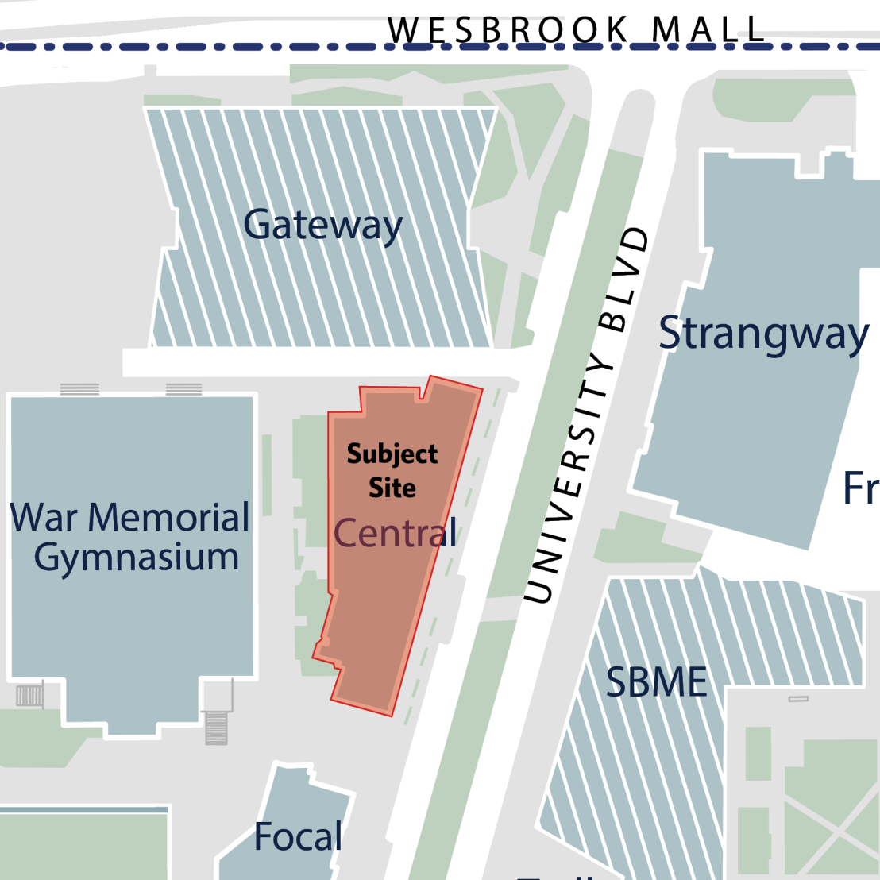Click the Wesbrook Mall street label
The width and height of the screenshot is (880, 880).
[577, 30]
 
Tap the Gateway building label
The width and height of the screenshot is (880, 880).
[322, 226]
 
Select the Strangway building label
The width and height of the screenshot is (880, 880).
[763, 334]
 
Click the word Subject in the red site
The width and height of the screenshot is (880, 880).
[392, 454]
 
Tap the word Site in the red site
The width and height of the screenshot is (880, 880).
[392, 487]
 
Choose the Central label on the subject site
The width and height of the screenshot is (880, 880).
[396, 532]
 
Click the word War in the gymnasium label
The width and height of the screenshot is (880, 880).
[44, 518]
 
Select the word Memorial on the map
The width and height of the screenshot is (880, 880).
[169, 518]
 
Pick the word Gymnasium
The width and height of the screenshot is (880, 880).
[137, 558]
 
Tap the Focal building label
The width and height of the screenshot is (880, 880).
[298, 837]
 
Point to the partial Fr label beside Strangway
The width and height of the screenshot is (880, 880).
[860, 488]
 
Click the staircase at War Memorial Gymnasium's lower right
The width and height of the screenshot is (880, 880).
[216, 727]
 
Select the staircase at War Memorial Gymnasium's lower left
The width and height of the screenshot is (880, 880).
[30, 696]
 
